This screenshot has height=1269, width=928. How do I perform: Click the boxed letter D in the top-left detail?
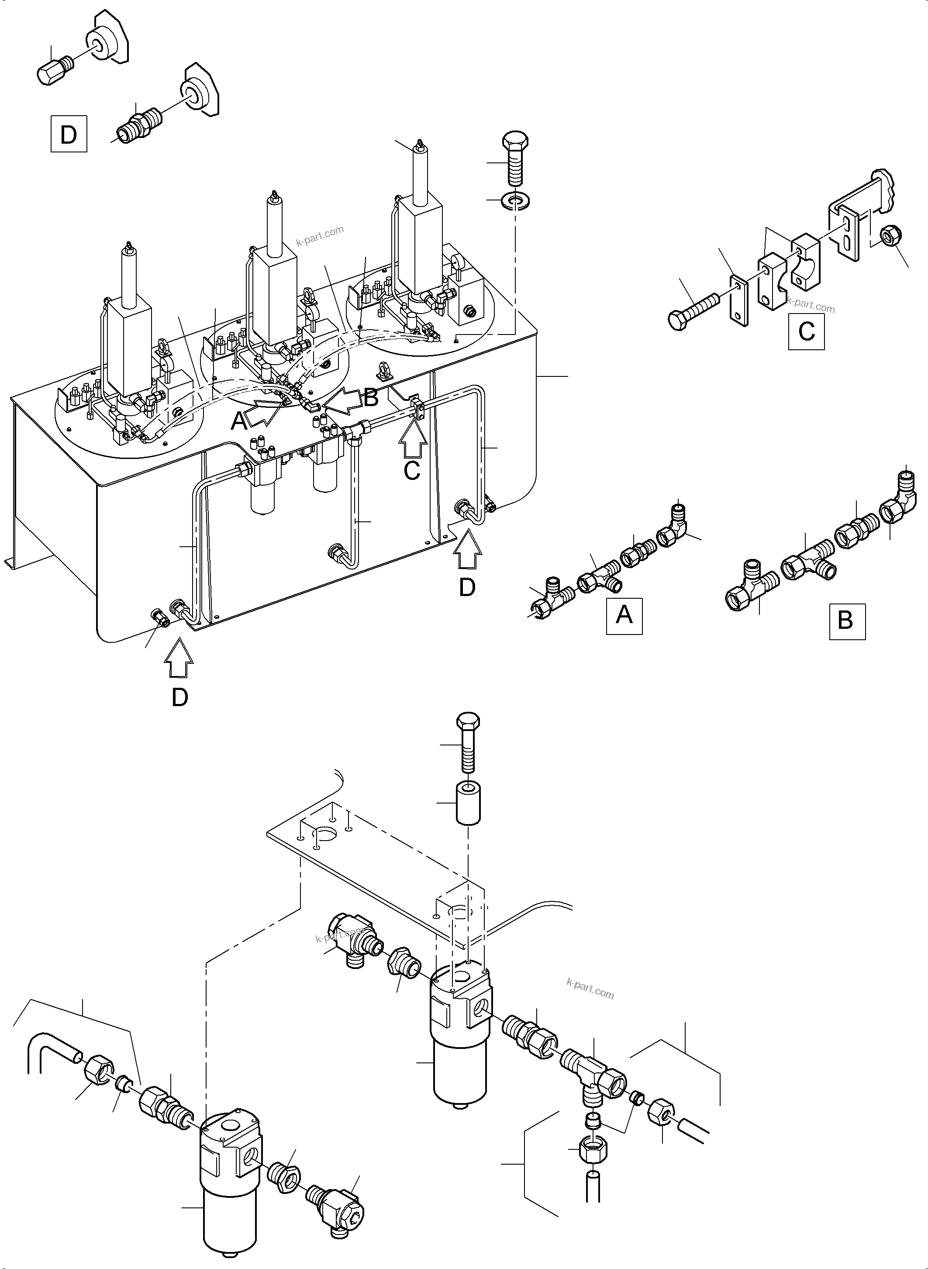coord(69,134)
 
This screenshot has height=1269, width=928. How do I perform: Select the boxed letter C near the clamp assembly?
coord(806,331)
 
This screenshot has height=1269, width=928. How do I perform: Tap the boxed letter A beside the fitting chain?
coord(624,616)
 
